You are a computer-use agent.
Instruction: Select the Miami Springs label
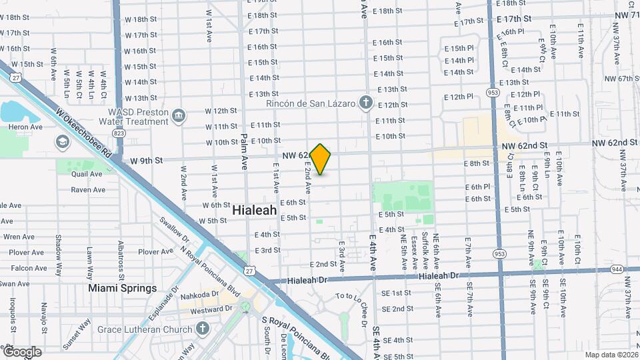pyautogui.click(x=123, y=289)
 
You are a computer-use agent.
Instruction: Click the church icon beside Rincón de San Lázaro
pyautogui.click(x=365, y=103)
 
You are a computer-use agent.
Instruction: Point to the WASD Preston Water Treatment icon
pyautogui.click(x=179, y=117)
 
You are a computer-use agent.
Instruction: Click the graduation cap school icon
pyautogui.click(x=62, y=141)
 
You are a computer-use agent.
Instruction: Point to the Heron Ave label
pyautogui.click(x=25, y=127)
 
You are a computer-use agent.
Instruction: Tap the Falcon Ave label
pyautogui.click(x=29, y=268)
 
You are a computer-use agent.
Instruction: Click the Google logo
pyautogui.click(x=22, y=351)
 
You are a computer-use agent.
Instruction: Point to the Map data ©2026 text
pyautogui.click(x=610, y=354)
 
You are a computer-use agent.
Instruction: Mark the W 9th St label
pyautogui.click(x=147, y=161)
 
